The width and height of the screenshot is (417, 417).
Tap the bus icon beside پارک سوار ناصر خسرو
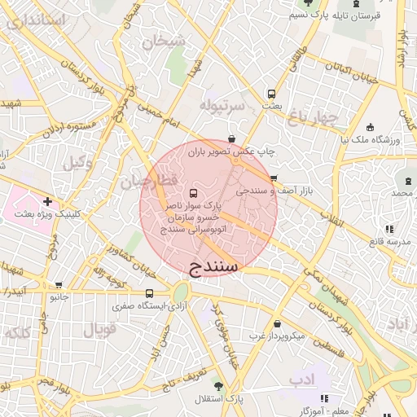pos(193,193)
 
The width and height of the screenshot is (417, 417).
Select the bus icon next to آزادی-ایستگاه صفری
pos(149,293)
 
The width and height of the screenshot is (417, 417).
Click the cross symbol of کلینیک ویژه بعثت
pos(48,200)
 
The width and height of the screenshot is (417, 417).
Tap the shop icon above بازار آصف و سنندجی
pos(273,178)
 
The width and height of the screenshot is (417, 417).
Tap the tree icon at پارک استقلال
pos(217,384)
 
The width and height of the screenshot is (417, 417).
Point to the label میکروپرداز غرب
pos(276,335)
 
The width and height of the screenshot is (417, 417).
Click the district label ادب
pos(301,379)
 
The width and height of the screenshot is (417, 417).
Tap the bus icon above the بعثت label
pos(271,93)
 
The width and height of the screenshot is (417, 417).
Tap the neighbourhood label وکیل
pos(77,161)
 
